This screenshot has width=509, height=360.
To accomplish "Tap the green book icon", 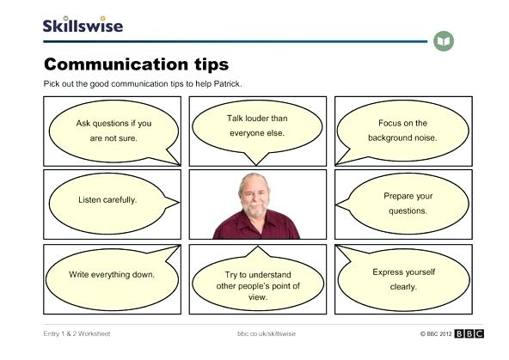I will coord(444,41).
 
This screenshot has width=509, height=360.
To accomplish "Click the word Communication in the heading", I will coord(107,64).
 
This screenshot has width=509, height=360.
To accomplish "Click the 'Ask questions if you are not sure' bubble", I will coord(113,130).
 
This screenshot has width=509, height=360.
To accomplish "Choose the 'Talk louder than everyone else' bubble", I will coord(256,125).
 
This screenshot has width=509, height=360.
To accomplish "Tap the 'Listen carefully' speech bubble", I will coord(107,200).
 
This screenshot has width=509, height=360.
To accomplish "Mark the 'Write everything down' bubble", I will coord(112,275).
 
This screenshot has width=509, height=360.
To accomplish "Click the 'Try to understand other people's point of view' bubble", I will coord(256,284).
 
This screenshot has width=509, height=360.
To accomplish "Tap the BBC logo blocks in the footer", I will coord(469,333).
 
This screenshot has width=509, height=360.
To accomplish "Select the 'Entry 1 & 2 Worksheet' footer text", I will coord(77,333).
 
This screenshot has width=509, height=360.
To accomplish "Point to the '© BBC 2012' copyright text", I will coord(434,333).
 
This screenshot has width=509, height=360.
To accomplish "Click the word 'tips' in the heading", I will coord(206,64).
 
